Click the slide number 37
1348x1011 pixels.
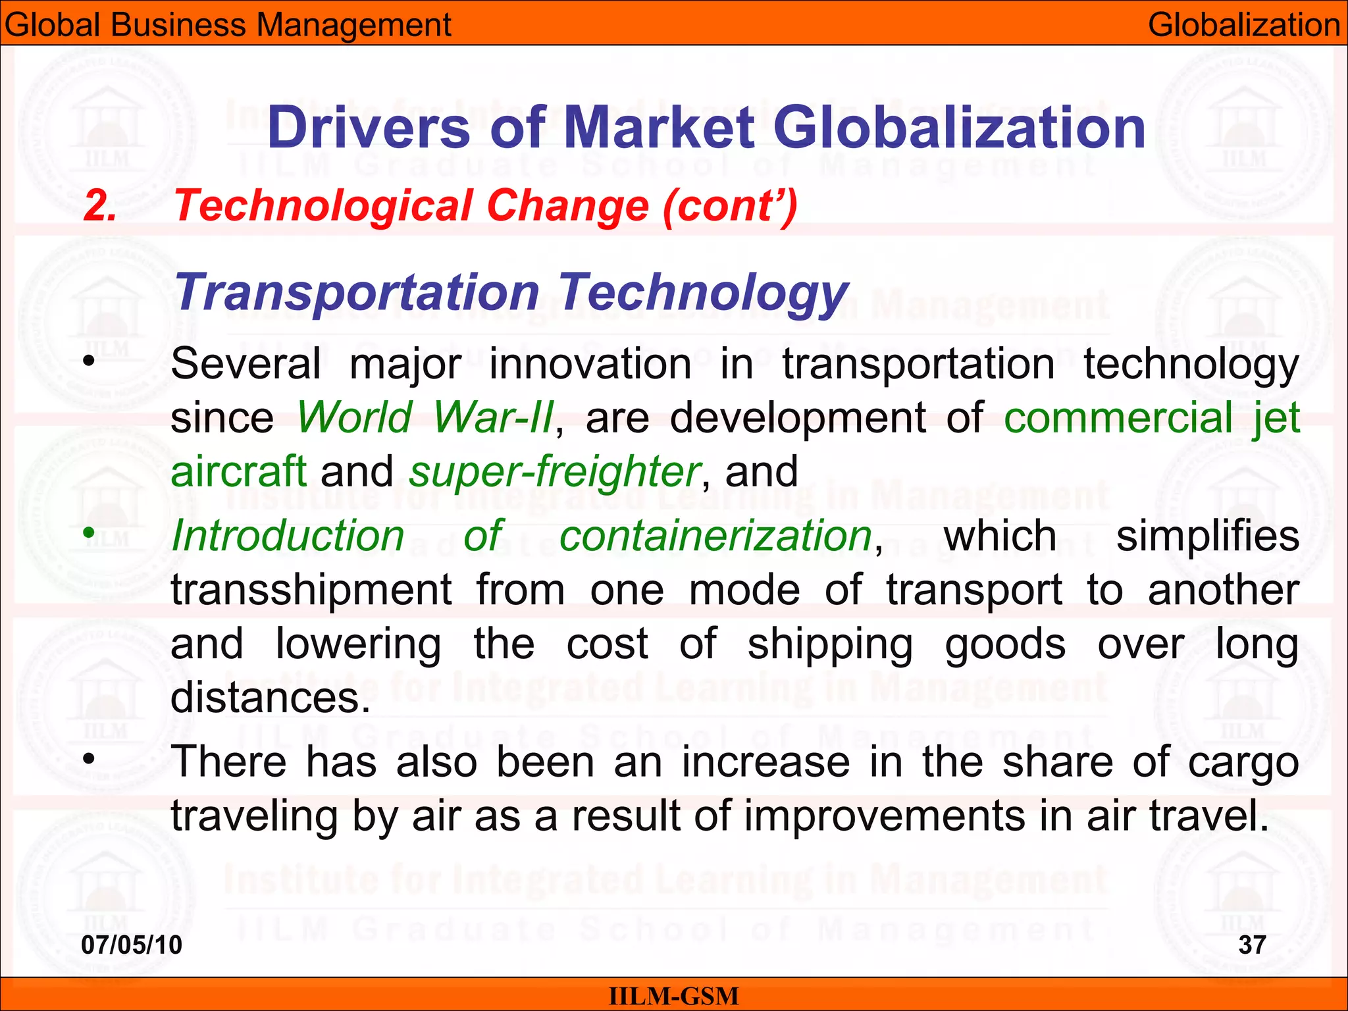coord(1252,945)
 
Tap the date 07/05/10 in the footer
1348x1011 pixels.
coord(132,945)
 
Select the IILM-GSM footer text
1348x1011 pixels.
coord(673,997)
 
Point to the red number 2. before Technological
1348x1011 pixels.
coord(100,205)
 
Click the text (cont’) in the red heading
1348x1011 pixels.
coord(731,205)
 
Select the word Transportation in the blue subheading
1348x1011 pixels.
coord(357,292)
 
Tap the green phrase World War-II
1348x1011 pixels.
coord(425,417)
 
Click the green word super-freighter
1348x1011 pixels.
coord(554,471)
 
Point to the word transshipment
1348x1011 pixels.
coord(311,590)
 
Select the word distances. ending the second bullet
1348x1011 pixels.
coord(271,697)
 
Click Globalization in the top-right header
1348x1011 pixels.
coord(1244,25)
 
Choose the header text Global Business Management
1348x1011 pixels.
coord(228,25)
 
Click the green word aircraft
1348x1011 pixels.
coord(238,471)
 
